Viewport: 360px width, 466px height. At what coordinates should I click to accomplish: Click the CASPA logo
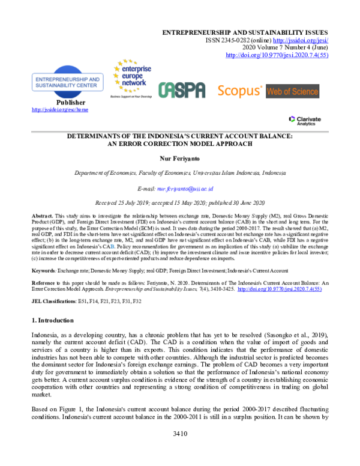(x=182, y=91)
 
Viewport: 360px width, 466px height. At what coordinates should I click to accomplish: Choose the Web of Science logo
(x=293, y=91)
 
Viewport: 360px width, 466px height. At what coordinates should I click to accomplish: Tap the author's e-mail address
(x=189, y=188)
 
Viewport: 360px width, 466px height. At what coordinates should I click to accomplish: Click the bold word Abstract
(x=42, y=215)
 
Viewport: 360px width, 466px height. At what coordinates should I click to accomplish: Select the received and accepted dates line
(x=179, y=203)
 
